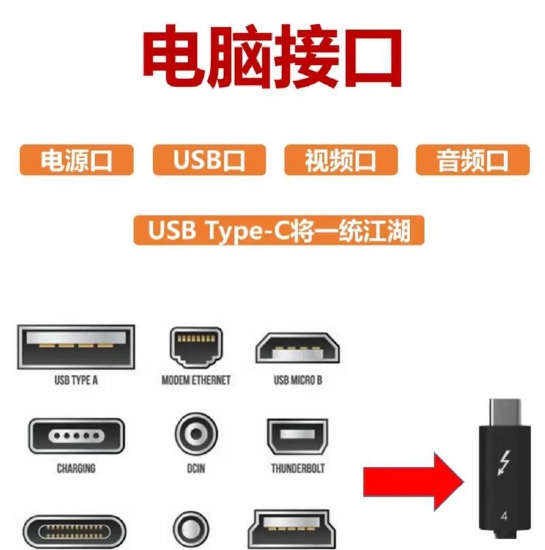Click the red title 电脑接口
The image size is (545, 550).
click(x=272, y=58)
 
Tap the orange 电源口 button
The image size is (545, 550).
click(x=76, y=161)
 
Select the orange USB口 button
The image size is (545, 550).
click(x=208, y=161)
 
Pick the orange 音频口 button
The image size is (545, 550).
click(x=472, y=161)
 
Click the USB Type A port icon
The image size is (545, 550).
click(x=76, y=347)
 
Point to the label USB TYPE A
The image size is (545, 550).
click(x=76, y=380)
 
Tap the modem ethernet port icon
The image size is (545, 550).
click(x=196, y=347)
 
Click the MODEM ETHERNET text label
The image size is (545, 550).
click(x=196, y=380)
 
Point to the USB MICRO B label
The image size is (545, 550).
click(x=298, y=380)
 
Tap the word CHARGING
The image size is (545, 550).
click(x=76, y=469)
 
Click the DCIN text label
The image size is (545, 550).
click(x=196, y=469)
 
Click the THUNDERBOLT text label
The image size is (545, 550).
click(x=298, y=469)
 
